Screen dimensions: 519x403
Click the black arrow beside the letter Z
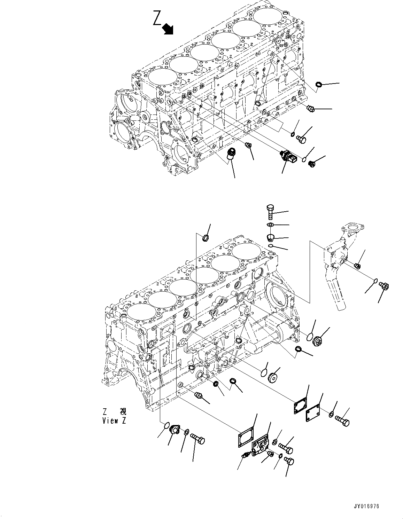(x=168, y=29)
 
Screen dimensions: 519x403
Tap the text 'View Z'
(x=114, y=420)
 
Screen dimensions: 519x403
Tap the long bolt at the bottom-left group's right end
(x=197, y=440)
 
